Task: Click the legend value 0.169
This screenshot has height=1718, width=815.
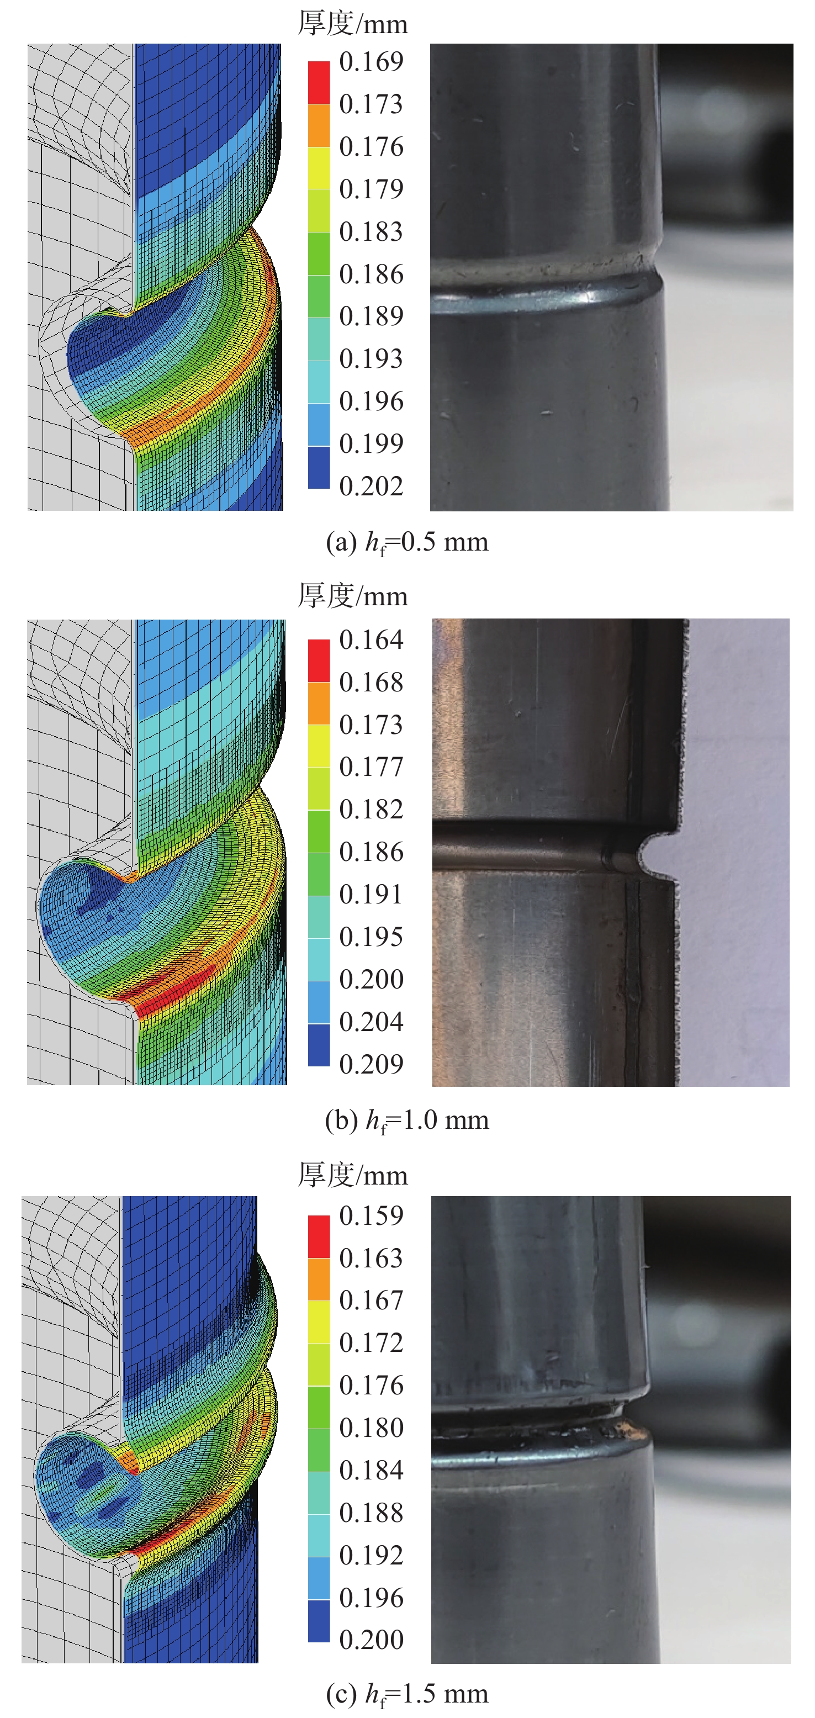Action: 371,61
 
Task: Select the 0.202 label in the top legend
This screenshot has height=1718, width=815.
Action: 371,486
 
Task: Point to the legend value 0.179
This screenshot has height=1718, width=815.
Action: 371,189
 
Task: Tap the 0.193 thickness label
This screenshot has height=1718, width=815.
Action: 371,359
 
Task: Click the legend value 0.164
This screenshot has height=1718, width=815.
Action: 371,639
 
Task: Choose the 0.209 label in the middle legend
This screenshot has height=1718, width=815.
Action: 371,1064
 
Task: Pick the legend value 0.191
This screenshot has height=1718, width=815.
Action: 371,895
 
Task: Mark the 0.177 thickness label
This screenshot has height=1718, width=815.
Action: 371,767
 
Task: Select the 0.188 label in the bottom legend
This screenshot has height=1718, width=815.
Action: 371,1512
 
